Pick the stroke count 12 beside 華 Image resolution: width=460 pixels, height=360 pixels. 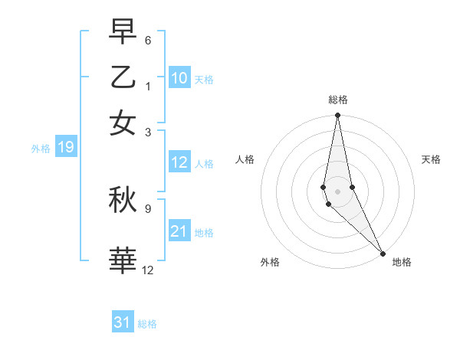pos(148,269)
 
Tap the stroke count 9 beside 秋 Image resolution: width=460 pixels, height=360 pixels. pos(148,207)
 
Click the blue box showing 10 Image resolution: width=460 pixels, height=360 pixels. pos(179,77)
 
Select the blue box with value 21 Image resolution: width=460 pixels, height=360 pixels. pos(179,231)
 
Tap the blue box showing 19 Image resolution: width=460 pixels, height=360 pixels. pos(66,147)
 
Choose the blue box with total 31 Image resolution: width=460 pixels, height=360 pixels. pos(123,322)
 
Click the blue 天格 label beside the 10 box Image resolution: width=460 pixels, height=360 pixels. pos(204,79)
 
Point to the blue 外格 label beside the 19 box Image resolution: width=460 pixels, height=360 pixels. pos(41,149)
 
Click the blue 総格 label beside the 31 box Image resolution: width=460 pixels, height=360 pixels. pos(147,324)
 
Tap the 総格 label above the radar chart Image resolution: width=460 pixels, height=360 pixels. pos(338,100)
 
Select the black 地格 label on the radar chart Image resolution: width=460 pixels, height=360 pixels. pos(402,262)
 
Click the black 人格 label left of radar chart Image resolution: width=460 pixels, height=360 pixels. pos(245,159)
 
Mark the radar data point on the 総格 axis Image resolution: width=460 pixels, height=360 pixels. pos(337,116)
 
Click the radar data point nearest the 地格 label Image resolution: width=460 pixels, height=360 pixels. pos(383,253)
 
